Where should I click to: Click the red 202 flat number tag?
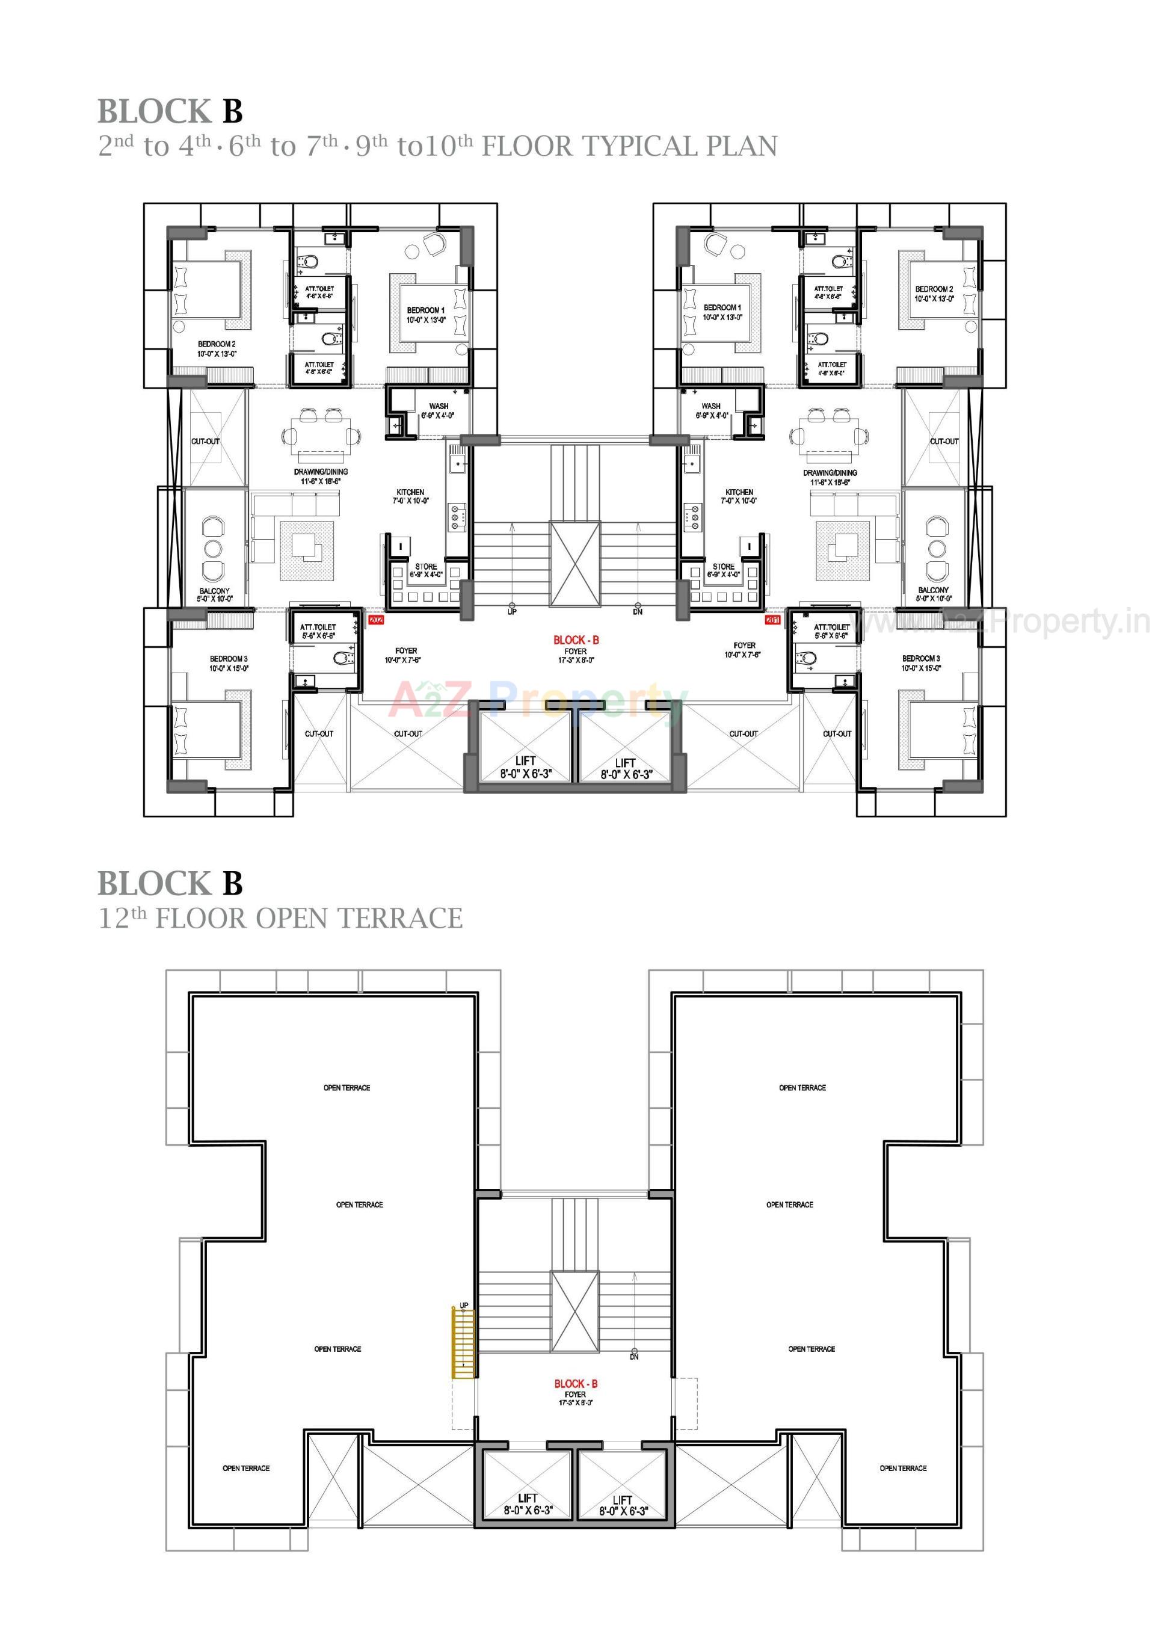pos(376,620)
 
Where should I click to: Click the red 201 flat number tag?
pos(772,620)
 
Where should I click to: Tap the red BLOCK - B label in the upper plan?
pos(576,640)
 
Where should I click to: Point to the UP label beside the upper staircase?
pos(512,611)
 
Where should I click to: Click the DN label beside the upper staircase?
pos(637,611)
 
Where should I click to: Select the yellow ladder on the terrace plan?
pos(463,1343)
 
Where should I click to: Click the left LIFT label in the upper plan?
pos(525,761)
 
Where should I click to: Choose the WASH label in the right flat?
pos(710,405)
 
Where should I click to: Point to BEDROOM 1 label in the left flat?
pos(425,310)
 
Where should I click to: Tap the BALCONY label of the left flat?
pos(214,591)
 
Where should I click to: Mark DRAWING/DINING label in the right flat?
pos(829,472)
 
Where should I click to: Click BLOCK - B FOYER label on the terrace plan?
pos(575,1384)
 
